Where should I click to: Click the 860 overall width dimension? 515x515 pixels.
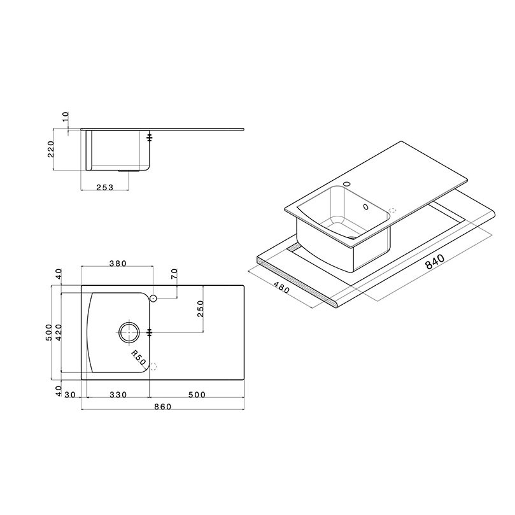(x=162, y=407)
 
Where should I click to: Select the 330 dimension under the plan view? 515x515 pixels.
(x=118, y=395)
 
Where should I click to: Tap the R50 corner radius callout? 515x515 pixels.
(x=138, y=358)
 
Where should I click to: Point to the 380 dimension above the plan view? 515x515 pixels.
(x=118, y=264)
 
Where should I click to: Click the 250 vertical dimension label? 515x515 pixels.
(x=201, y=308)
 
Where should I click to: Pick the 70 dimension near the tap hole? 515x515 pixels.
(x=174, y=274)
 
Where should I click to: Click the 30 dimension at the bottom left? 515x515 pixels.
(x=70, y=395)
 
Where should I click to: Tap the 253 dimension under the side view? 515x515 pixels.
(x=105, y=187)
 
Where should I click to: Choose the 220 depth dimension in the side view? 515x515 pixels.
(x=51, y=149)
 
